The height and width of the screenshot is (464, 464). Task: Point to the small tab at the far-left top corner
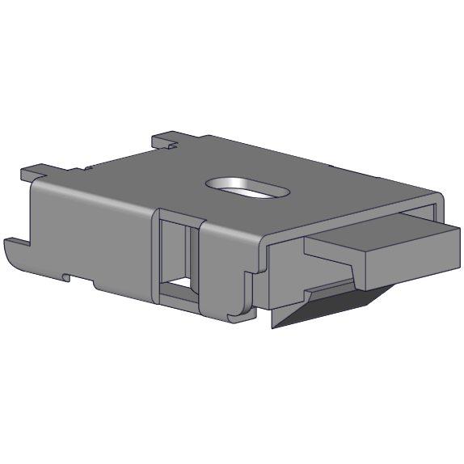coord(35,171)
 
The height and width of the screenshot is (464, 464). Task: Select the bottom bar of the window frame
coord(179,301)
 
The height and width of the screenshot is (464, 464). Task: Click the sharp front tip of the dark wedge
coord(275,327)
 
